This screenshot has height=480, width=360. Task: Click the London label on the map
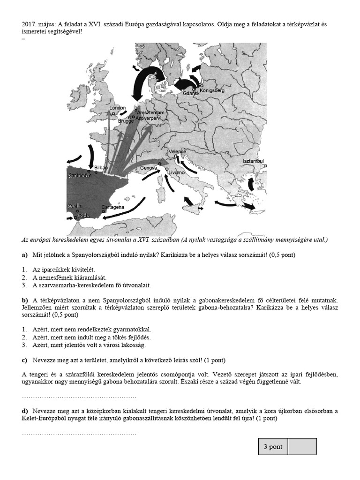[x=117, y=108]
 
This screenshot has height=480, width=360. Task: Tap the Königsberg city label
[x=213, y=90]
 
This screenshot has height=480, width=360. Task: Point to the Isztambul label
[x=254, y=161]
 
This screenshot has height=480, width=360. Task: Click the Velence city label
[x=177, y=152]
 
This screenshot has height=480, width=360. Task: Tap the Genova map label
[x=148, y=167]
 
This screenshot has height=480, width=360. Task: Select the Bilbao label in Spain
[x=101, y=167]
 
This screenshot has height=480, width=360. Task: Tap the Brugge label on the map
[x=126, y=121]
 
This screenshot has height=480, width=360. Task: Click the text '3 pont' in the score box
[x=273, y=447]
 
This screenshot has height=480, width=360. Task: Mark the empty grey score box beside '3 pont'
[x=302, y=447]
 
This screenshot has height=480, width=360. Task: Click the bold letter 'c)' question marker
[x=25, y=360]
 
